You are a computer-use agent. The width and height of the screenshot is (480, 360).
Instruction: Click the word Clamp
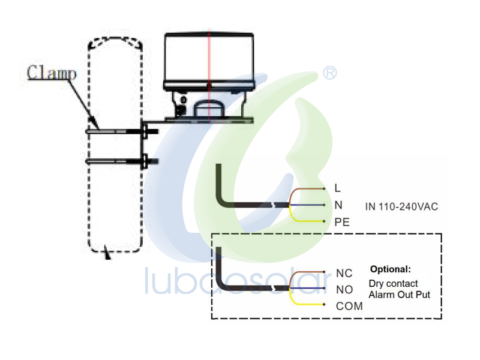point(52,73)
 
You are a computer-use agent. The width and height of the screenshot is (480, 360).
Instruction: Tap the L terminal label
point(338,188)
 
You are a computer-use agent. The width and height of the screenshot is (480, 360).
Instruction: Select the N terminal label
point(338,205)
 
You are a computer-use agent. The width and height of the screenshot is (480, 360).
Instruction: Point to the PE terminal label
point(342,222)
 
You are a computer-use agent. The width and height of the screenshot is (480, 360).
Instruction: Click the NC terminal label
point(344,273)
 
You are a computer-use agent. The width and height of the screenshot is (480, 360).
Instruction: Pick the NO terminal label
point(344,290)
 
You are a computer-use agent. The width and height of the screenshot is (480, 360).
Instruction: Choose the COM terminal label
point(349,306)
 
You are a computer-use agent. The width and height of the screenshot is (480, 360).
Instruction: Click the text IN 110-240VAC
point(401,206)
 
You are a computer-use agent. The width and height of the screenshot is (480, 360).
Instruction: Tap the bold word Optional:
point(391,269)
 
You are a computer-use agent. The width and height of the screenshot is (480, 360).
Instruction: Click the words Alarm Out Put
point(400,295)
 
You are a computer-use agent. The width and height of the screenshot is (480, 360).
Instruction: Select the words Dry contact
point(393,283)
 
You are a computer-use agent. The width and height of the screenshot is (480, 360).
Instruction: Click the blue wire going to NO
point(307,288)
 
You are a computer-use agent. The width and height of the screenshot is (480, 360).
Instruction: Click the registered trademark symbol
point(330,73)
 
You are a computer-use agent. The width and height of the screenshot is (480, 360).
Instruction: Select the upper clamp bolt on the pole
point(122,131)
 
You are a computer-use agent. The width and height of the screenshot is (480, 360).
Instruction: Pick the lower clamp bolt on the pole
point(122,161)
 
